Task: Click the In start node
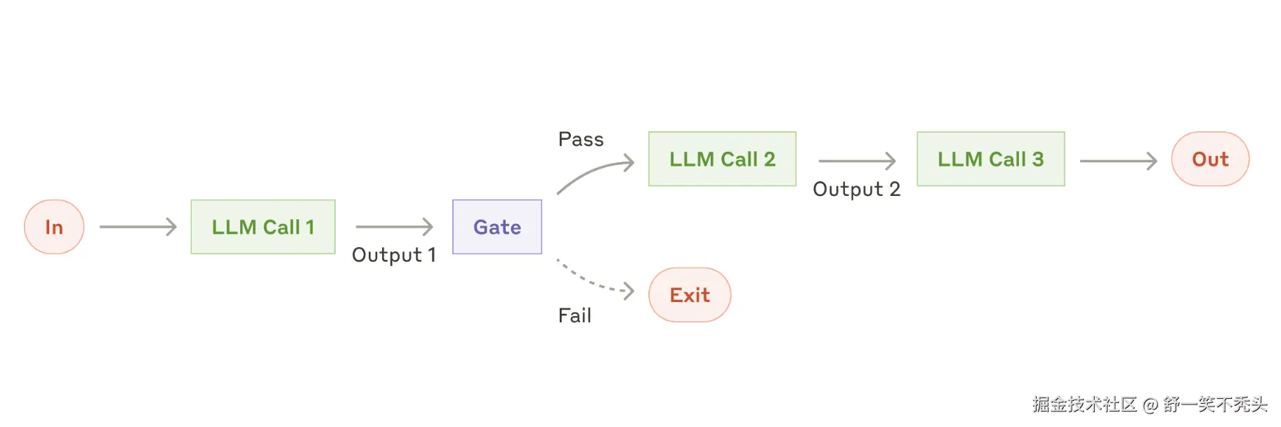click(54, 227)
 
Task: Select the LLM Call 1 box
click(263, 227)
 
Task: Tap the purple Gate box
click(497, 227)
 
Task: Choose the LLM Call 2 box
click(722, 159)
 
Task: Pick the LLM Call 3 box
click(990, 159)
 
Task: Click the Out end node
click(1209, 159)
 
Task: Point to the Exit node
click(690, 295)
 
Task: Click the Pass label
click(581, 139)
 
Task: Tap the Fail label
click(574, 315)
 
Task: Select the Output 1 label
click(393, 255)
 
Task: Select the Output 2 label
click(855, 189)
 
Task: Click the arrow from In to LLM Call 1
click(138, 226)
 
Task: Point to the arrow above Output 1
click(394, 226)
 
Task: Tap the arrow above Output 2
click(857, 161)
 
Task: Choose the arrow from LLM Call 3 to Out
click(1117, 161)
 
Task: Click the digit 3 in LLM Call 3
click(1037, 159)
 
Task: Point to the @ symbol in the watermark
click(1150, 405)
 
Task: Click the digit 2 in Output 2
click(894, 189)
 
